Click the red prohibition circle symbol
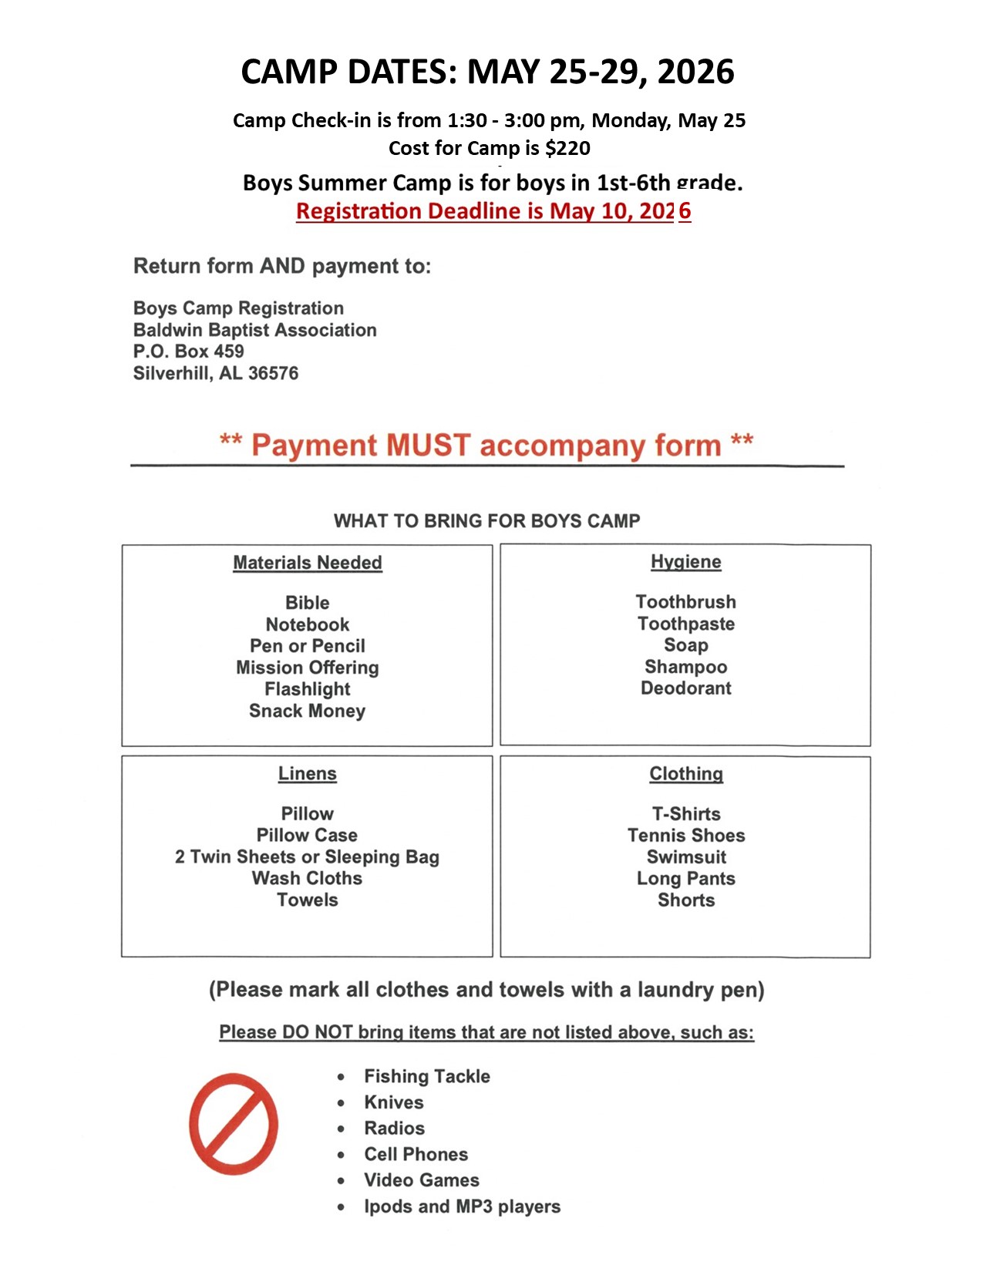pos(234,1123)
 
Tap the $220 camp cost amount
pos(567,148)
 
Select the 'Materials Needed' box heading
pos(307,563)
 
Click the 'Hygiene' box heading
pos(685,562)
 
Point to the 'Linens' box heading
pos(307,773)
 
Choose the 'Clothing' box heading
pos(685,773)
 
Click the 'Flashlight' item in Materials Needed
pos(307,689)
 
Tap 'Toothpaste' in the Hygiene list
pos(685,624)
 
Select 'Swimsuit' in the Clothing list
pos(685,856)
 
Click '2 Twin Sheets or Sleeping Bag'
pos(307,856)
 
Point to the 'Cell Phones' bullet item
pos(416,1154)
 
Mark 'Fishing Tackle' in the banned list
pos(426,1076)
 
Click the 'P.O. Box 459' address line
pos(188,352)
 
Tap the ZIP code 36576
pos(273,373)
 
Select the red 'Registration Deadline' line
pos(493,211)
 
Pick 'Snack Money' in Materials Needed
pos(307,711)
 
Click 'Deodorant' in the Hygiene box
pos(685,688)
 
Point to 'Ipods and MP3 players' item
pos(462,1206)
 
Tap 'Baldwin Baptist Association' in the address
pos(254,330)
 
